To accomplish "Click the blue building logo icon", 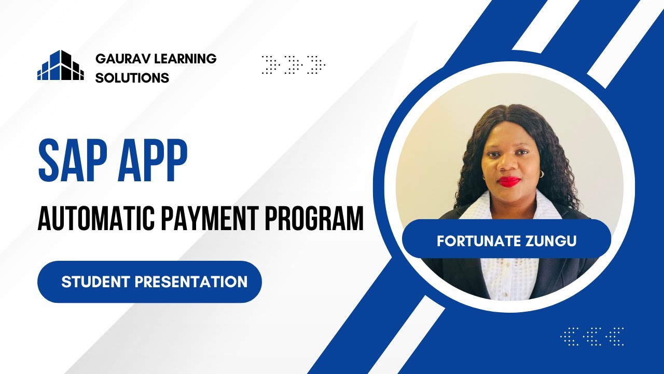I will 60,65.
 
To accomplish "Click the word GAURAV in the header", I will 118,59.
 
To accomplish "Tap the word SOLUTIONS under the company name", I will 132,78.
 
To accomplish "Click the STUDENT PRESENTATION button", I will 149,282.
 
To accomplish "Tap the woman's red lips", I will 508,181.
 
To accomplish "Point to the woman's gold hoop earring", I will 541,173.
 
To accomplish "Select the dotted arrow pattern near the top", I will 294,64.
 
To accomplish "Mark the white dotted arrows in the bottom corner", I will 592,336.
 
